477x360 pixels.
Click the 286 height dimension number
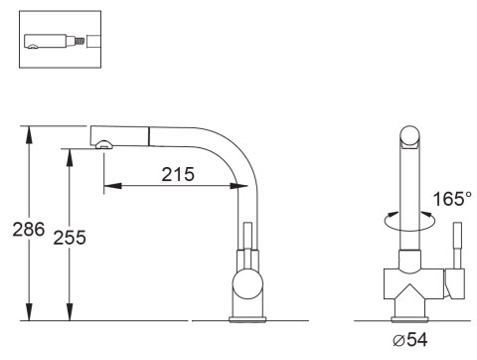click(29, 229)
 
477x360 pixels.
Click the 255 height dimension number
click(70, 238)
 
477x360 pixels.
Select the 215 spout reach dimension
click(178, 174)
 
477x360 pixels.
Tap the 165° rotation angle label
click(452, 199)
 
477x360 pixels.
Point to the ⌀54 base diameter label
click(410, 339)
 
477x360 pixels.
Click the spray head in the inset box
click(51, 42)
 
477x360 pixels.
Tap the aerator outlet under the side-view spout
click(104, 144)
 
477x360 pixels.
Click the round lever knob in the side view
click(247, 283)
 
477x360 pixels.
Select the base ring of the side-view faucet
click(247, 319)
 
